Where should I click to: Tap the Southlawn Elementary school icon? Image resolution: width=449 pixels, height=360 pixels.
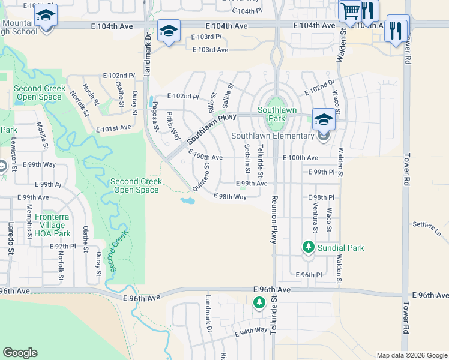(324, 119)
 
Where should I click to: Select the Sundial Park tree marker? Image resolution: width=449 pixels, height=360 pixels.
(308, 247)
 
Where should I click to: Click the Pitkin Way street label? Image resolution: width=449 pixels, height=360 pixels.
(173, 125)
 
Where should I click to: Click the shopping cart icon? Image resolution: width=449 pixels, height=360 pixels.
(349, 10)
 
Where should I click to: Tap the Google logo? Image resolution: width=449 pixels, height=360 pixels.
(20, 353)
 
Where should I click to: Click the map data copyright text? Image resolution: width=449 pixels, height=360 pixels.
(412, 355)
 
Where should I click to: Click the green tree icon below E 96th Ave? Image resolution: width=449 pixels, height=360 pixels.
(259, 304)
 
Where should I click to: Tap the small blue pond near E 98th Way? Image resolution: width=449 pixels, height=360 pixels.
(188, 200)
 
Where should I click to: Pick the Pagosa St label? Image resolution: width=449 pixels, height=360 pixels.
(155, 116)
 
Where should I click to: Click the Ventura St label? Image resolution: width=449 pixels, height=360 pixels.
(315, 221)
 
